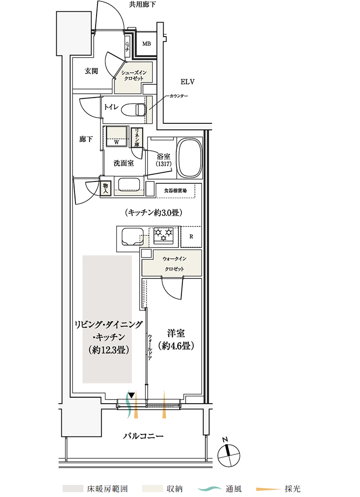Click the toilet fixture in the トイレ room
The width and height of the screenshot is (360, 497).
click(134, 110)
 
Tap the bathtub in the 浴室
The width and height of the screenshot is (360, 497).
click(190, 158)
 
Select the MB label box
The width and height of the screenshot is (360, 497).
click(146, 44)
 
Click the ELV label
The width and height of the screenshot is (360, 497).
click(187, 82)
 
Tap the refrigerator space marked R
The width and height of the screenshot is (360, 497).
click(191, 237)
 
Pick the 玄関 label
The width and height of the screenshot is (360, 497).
click(91, 71)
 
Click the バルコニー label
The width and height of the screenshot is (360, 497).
click(143, 436)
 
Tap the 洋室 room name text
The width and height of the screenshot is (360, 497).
click(176, 333)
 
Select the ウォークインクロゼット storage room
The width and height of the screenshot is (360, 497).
click(172, 263)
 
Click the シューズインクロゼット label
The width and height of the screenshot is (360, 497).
click(134, 75)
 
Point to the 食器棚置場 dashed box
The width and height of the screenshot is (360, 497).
click(179, 191)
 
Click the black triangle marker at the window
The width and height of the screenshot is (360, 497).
click(131, 395)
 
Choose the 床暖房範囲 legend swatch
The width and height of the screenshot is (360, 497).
click(73, 489)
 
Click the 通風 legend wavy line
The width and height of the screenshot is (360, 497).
click(210, 489)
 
